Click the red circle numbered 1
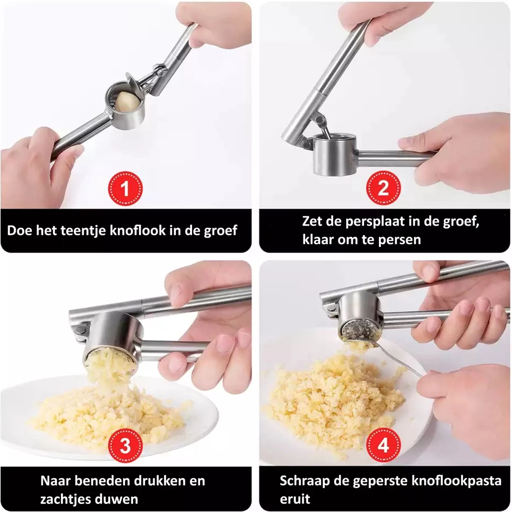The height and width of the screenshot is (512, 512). [x=125, y=189]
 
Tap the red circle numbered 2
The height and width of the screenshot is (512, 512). [x=383, y=189]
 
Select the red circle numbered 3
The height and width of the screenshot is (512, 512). [x=125, y=445]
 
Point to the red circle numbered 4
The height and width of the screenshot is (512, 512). [x=383, y=445]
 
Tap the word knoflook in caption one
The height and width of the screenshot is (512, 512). [x=138, y=230]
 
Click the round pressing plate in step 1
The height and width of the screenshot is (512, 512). [x=132, y=81]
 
